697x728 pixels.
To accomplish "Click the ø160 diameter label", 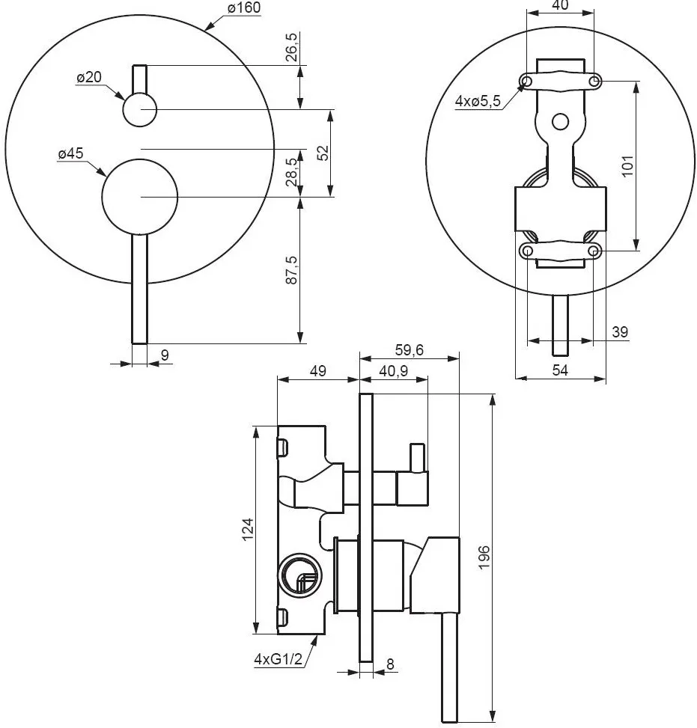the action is coord(244,8).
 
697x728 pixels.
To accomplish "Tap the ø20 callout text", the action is coord(89,77).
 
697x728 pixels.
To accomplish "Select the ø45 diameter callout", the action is coord(70,153).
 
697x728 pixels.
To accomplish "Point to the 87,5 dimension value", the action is coord(292,270).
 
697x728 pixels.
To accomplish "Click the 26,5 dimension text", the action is coord(292,47).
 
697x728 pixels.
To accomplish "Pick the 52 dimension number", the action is coord(323,153).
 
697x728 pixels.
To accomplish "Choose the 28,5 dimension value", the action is coord(292,171).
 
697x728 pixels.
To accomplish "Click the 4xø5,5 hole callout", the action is coord(478,101).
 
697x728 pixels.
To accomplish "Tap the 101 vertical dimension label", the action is coord(627,166).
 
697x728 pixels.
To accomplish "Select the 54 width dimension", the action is coord(560,370).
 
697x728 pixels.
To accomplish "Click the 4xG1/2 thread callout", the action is coord(278,658).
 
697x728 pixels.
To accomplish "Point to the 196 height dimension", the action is coord(484,557).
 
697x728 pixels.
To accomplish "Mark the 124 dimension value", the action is coord(248,529).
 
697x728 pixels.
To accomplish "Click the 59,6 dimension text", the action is coord(410,349).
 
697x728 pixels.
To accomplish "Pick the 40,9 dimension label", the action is coord(394,371).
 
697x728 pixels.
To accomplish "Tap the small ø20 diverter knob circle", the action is coord(140,109).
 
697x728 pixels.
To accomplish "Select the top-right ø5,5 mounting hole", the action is coord(594,82).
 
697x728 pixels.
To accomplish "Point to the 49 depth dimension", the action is coord(318,371).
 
